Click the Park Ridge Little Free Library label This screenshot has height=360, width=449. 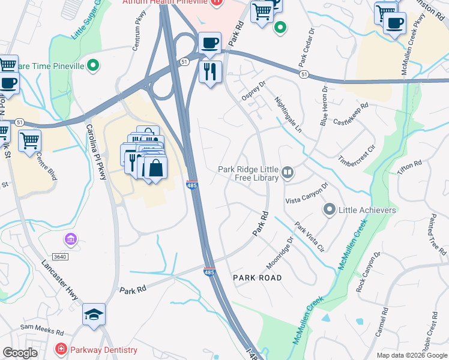(x=249, y=173)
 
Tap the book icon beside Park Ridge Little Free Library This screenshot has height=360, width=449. (x=288, y=173)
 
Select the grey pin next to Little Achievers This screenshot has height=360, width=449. (x=329, y=210)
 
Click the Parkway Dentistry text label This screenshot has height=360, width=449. (x=104, y=349)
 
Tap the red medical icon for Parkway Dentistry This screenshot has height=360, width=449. (x=61, y=349)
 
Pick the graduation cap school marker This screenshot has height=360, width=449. (x=94, y=315)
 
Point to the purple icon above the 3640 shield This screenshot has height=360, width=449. (x=71, y=241)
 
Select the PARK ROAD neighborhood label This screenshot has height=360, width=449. (x=257, y=277)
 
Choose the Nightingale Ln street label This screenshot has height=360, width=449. (x=289, y=115)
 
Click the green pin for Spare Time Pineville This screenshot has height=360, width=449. (x=93, y=65)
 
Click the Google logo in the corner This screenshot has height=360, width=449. (x=20, y=353)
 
